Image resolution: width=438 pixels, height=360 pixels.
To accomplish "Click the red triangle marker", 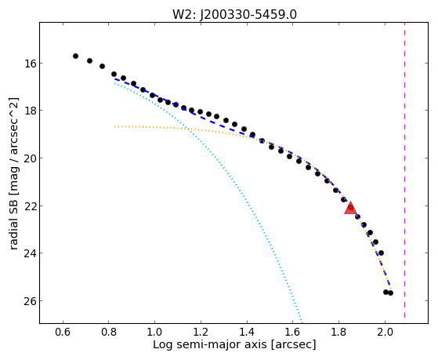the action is coord(350,208).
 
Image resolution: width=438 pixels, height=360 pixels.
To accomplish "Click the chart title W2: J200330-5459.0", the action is coord(234,14).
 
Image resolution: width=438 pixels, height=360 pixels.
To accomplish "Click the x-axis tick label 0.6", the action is coord(63,332).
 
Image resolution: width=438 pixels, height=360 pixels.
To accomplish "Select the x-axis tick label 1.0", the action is coord(155,332).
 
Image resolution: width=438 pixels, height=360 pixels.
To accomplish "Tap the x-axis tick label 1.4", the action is coord(247,332).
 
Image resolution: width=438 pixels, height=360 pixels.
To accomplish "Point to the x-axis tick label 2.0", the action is coord(385,332).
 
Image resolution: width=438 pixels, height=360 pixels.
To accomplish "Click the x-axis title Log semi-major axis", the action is coord(210,344).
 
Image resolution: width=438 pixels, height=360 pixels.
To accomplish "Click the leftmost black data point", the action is coord(75,56).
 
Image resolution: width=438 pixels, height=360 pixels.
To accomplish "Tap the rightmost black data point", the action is coord(390,293).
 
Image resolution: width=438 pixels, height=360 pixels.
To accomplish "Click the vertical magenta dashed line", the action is coord(404,173).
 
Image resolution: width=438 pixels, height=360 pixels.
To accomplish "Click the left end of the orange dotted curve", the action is coord(114,126).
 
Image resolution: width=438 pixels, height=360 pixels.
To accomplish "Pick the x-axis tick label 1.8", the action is coord(338,332).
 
